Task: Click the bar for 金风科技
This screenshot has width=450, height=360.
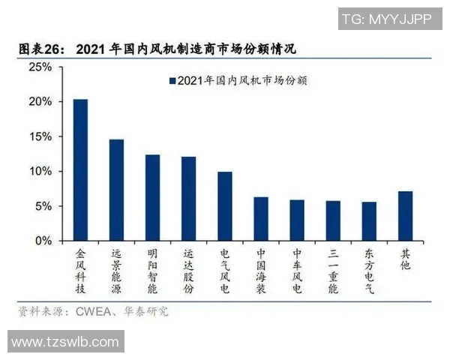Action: pos(80,170)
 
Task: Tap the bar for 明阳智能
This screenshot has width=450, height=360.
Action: pos(152,198)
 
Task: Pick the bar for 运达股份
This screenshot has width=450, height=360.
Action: pos(188,199)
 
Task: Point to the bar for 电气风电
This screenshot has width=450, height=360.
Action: pos(225,207)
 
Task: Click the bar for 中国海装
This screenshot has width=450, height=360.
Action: pos(261,219)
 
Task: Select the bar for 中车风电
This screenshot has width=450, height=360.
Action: pos(297,220)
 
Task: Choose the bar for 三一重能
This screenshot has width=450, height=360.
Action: pos(333,221)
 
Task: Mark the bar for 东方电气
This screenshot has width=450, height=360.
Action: pos(369,222)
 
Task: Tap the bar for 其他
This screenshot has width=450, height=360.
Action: pos(405,217)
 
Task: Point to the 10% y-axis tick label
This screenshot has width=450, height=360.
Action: pos(40,172)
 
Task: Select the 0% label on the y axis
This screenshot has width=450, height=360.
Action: pos(43,241)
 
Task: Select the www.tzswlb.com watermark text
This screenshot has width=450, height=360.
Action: pos(65,342)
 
